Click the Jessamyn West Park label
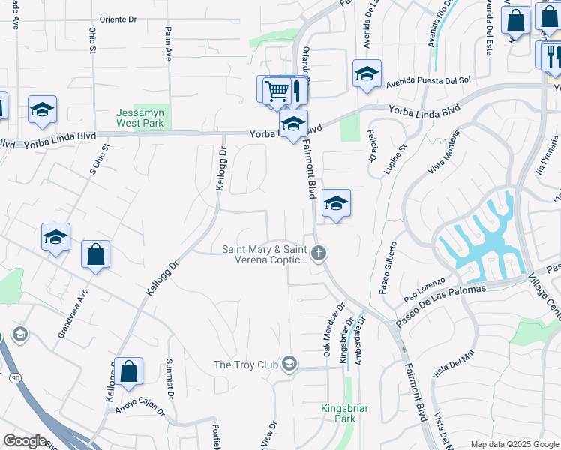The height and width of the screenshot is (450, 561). coord(140,117)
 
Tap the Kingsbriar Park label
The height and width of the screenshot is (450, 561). coord(338,413)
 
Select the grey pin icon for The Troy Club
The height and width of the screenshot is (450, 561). coord(289,365)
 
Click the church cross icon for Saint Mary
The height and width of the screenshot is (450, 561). coord(319,253)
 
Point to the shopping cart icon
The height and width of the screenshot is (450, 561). coord(277,91)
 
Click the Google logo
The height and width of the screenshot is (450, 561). coord(25,441)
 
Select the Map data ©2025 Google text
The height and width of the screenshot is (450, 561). coord(514,444)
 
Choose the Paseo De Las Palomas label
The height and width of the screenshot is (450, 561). coord(442,301)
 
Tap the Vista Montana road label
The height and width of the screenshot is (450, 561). coord(444,152)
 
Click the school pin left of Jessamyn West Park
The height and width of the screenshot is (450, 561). coord(43,110)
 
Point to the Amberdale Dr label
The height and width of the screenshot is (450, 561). coord(361,340)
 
